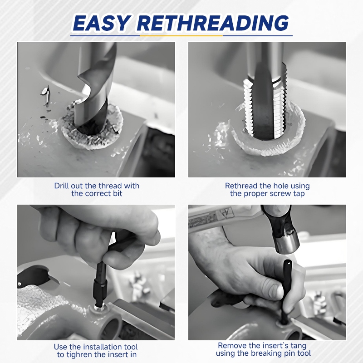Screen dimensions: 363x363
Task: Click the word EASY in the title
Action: click(x=101, y=23)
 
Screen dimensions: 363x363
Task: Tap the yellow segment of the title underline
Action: click(x=181, y=36)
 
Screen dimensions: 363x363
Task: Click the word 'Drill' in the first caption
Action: click(x=62, y=186)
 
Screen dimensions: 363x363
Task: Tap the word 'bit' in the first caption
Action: click(x=118, y=193)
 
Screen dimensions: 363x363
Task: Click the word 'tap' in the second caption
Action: click(x=299, y=193)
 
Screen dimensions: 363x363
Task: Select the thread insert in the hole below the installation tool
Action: click(x=99, y=308)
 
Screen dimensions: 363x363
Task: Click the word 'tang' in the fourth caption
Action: click(x=298, y=346)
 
